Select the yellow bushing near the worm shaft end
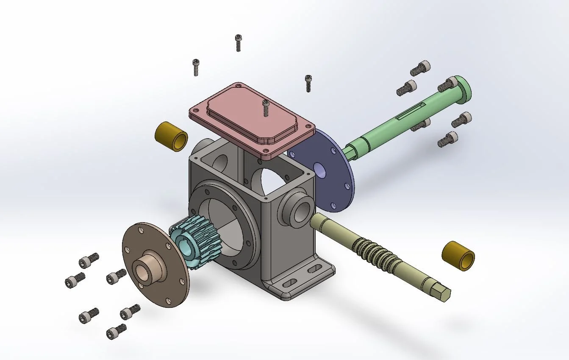[458, 256]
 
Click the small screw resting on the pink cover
[266, 108]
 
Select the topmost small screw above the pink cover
[238, 43]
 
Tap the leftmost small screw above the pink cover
[196, 67]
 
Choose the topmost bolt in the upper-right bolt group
[420, 68]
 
